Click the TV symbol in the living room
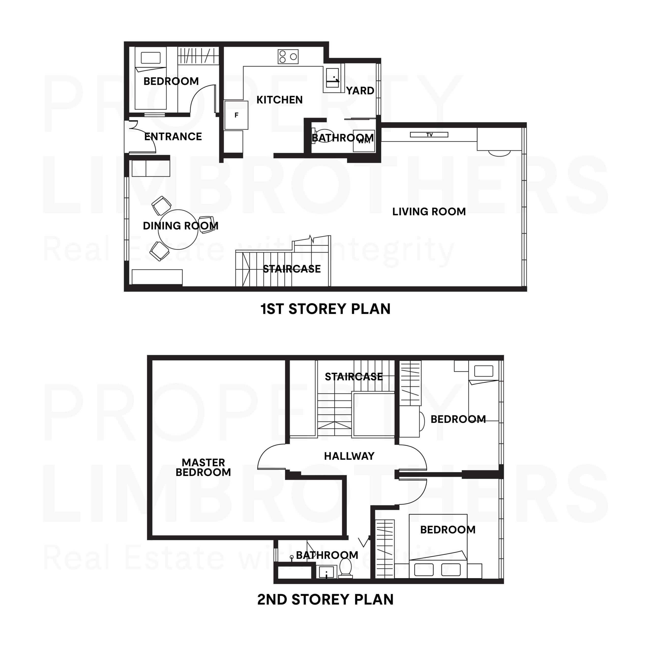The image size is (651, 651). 429,135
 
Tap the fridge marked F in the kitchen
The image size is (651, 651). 236,115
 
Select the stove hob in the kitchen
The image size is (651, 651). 288,57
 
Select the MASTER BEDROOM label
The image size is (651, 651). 203,467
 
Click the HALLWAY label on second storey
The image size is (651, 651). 349,456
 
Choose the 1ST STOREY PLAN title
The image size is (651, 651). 325,309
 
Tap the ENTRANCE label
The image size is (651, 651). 173,137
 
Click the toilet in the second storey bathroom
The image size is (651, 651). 345,567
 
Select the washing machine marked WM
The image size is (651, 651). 364,141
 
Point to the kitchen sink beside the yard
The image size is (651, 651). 332,78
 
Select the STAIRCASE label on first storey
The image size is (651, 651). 291,269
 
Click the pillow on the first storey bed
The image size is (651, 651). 151,58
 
